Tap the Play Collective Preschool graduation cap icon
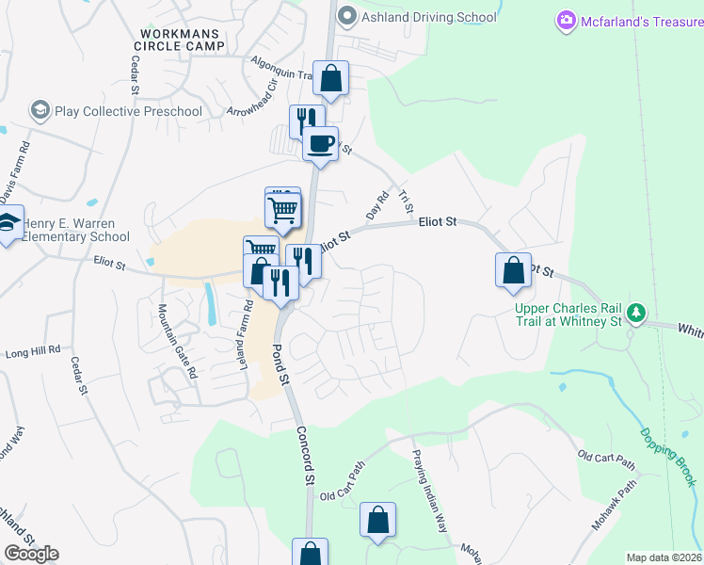tap(40, 111)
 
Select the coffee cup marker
tap(320, 144)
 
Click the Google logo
tap(31, 554)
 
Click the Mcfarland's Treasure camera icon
tap(567, 19)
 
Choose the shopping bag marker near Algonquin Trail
tap(331, 79)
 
